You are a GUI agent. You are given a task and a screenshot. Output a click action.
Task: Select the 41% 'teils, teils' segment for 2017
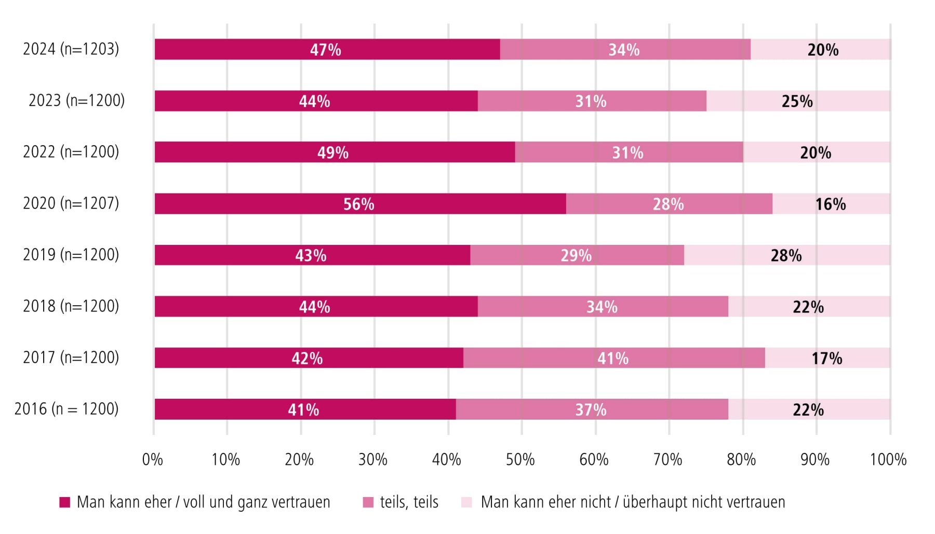(x=613, y=358)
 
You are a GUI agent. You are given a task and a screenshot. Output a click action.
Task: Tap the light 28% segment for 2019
(x=786, y=255)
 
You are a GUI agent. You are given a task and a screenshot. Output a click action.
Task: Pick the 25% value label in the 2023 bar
(x=797, y=101)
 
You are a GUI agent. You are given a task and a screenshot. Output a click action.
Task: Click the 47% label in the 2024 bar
(x=326, y=50)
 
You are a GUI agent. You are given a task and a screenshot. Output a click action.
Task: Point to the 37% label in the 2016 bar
(x=591, y=410)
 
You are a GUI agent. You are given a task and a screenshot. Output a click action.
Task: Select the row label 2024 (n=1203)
(x=71, y=49)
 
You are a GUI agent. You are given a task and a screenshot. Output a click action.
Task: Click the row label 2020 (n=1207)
(x=71, y=203)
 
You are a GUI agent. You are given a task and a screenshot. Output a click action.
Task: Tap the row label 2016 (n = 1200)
(x=66, y=409)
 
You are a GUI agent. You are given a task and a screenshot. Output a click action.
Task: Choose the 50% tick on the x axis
(x=520, y=460)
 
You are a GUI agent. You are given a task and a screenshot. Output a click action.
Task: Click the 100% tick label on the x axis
(x=888, y=460)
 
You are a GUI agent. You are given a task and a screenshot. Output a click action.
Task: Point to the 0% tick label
(x=153, y=460)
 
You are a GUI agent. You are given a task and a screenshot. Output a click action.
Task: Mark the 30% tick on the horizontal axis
(x=373, y=460)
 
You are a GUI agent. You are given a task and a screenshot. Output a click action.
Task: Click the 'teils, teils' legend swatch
(x=368, y=502)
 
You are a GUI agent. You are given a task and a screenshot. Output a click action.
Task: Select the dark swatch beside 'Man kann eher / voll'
(x=65, y=502)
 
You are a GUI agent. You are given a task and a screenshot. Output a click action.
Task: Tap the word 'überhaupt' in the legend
(x=653, y=502)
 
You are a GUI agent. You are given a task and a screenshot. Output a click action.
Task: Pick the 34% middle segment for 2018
(x=603, y=307)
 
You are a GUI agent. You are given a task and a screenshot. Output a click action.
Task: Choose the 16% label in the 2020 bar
(x=830, y=204)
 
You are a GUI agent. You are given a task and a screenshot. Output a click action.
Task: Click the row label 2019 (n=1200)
(x=71, y=254)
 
